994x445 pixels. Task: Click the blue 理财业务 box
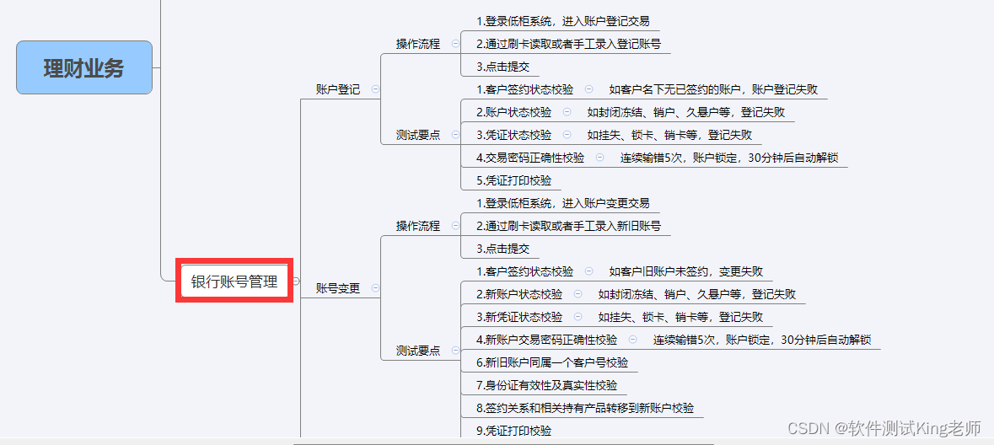pyautogui.click(x=84, y=67)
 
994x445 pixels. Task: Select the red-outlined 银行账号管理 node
pyautogui.click(x=234, y=281)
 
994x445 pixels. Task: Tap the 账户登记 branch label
pyautogui.click(x=337, y=89)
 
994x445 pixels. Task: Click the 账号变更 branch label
pyautogui.click(x=337, y=288)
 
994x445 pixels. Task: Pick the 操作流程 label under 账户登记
pyautogui.click(x=418, y=44)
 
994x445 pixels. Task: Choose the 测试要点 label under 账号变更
pyautogui.click(x=418, y=351)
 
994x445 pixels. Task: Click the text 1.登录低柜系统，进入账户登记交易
pyautogui.click(x=562, y=22)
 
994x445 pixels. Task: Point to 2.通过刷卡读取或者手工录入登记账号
pyautogui.click(x=567, y=44)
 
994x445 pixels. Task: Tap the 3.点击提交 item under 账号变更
pyautogui.click(x=502, y=249)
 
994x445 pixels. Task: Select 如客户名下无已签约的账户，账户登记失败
pyautogui.click(x=712, y=89)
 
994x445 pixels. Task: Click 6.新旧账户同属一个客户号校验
pyautogui.click(x=551, y=362)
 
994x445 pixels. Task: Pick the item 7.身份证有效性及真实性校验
pyautogui.click(x=546, y=385)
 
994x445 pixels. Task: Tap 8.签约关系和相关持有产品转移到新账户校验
pyautogui.click(x=584, y=408)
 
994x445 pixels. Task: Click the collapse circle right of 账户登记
pyautogui.click(x=375, y=88)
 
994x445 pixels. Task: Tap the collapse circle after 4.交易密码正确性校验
pyautogui.click(x=599, y=157)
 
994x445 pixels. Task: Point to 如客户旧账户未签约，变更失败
pyautogui.click(x=685, y=271)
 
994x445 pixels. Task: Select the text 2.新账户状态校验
pyautogui.click(x=518, y=294)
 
